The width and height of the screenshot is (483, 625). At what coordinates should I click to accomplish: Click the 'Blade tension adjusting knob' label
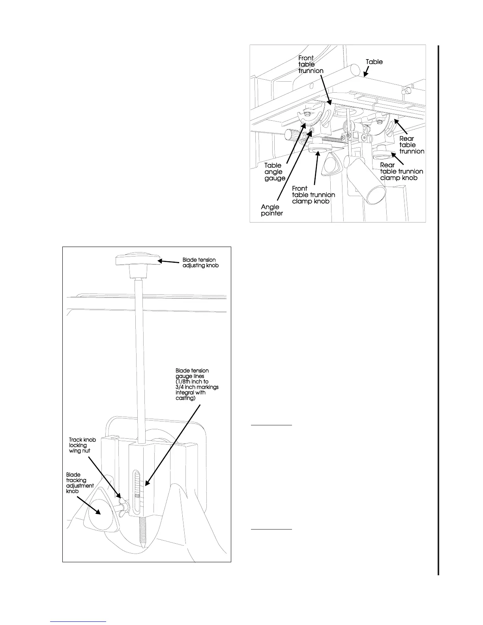(200, 262)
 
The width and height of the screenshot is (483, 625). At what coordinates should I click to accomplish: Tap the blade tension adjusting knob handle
(137, 260)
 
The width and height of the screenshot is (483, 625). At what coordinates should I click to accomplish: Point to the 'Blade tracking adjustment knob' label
(80, 483)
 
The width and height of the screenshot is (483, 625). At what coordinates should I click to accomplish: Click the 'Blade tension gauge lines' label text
(197, 384)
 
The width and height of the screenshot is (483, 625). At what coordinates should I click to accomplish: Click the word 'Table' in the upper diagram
(374, 62)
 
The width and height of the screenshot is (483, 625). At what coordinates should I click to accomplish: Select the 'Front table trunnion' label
(311, 64)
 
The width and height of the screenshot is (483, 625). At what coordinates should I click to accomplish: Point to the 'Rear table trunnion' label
(411, 145)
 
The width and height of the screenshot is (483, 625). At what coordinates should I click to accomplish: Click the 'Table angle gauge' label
(274, 172)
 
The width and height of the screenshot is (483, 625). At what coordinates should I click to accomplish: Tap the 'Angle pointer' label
(271, 210)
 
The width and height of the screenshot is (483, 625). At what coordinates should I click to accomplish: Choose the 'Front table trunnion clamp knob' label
(313, 195)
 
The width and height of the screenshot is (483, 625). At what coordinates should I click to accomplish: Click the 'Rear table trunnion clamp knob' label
(401, 171)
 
